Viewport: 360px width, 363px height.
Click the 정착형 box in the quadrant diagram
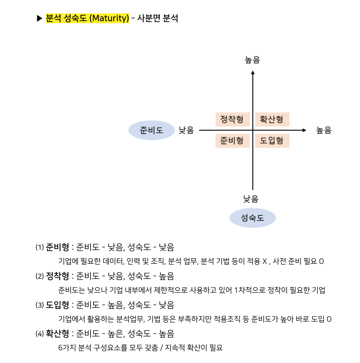tap(232, 119)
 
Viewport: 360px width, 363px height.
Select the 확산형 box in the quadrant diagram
tap(272, 119)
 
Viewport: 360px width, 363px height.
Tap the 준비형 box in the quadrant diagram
tap(232, 141)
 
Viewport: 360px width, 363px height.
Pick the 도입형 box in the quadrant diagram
tap(272, 141)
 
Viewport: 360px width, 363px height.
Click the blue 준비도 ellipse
tap(151, 130)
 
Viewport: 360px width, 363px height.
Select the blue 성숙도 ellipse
tap(252, 218)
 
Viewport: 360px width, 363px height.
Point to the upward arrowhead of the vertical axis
tap(253, 73)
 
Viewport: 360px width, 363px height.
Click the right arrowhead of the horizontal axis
tap(304, 130)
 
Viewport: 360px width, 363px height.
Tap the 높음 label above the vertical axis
tap(252, 60)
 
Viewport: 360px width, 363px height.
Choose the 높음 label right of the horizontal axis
tap(324, 130)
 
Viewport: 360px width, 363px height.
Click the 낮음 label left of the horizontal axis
tap(186, 130)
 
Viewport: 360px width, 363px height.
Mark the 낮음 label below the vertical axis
tap(251, 199)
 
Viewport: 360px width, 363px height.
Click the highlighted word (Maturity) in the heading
tap(109, 18)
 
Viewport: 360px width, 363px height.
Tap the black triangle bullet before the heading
tap(40, 19)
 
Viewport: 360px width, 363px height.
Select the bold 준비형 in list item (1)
tap(57, 247)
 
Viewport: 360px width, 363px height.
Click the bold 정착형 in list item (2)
tap(57, 276)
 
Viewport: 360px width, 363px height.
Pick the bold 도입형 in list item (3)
tap(57, 305)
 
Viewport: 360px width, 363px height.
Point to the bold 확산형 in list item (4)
tap(57, 334)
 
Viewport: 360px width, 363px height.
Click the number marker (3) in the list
tap(40, 305)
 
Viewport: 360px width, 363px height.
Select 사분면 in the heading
tap(148, 18)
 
